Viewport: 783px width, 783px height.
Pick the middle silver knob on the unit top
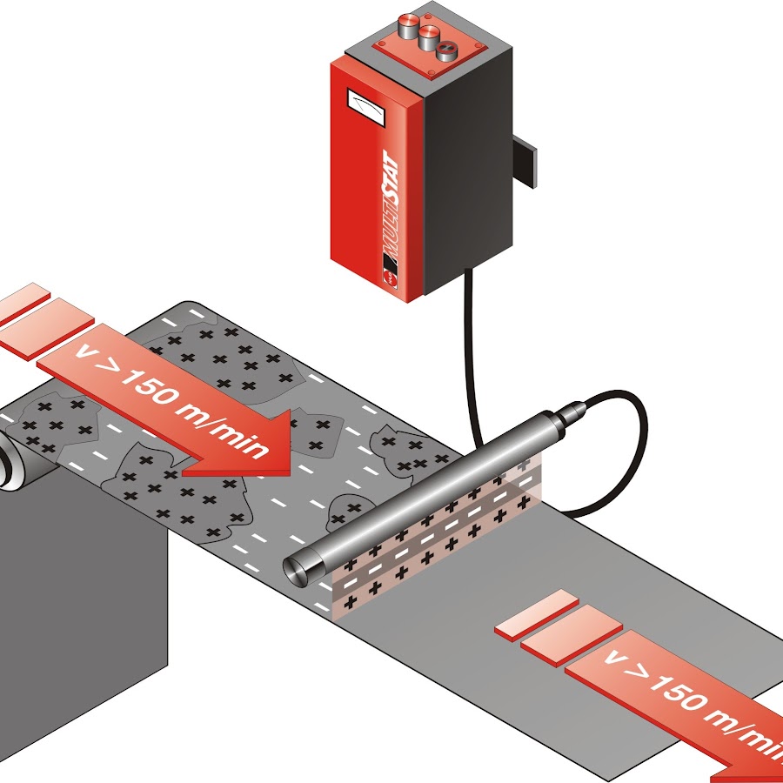click(x=427, y=36)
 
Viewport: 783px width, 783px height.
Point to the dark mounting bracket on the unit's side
click(x=524, y=162)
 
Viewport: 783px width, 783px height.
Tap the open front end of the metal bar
click(x=301, y=570)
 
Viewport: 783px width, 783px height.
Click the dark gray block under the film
click(x=78, y=626)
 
